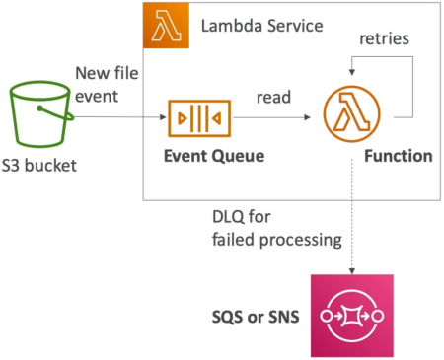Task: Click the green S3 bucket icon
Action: click(x=41, y=114)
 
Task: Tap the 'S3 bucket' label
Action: click(x=39, y=166)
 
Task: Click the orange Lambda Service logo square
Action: click(x=166, y=26)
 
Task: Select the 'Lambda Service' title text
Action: click(x=262, y=26)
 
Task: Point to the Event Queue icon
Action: click(x=199, y=118)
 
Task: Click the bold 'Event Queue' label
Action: click(x=214, y=156)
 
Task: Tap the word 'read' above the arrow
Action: click(x=273, y=97)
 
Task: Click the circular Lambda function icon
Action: click(x=352, y=113)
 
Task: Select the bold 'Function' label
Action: click(x=399, y=156)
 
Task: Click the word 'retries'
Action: click(x=385, y=38)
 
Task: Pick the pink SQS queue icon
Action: click(x=352, y=316)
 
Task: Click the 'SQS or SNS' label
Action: click(x=256, y=317)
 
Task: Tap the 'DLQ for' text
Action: click(x=242, y=217)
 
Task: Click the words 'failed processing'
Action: click(x=277, y=240)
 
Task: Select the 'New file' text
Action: click(x=107, y=73)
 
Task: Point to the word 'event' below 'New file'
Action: click(x=97, y=97)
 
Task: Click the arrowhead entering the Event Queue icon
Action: click(x=163, y=117)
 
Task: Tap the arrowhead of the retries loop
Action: click(x=352, y=72)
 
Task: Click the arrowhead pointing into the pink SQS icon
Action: click(x=352, y=271)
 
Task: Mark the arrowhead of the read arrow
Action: click(x=308, y=117)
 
